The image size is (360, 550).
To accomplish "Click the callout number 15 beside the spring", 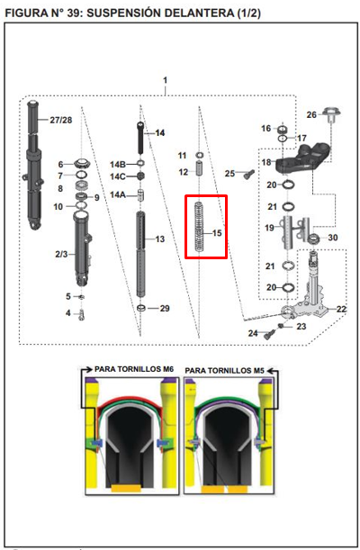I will click(216, 233).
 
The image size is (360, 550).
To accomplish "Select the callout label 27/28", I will click(61, 120).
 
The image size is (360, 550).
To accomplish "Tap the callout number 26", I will click(311, 114).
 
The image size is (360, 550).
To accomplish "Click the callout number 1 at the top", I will click(166, 81).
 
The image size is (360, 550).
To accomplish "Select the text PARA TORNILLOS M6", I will click(133, 369).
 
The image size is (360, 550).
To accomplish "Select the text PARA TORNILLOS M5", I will click(231, 369).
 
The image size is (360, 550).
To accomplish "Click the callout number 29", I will click(165, 309).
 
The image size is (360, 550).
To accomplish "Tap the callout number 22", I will click(340, 309).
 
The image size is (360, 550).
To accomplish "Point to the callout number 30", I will click(332, 238).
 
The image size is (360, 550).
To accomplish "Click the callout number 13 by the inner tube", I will click(159, 239).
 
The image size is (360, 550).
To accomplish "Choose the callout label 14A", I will click(118, 194).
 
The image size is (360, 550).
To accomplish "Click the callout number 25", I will click(229, 173).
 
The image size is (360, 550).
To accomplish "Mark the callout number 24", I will click(254, 334).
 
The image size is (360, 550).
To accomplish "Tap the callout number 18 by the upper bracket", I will click(266, 162).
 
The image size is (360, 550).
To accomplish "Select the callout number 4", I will click(67, 313).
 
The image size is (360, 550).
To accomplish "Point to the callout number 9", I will click(96, 196).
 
